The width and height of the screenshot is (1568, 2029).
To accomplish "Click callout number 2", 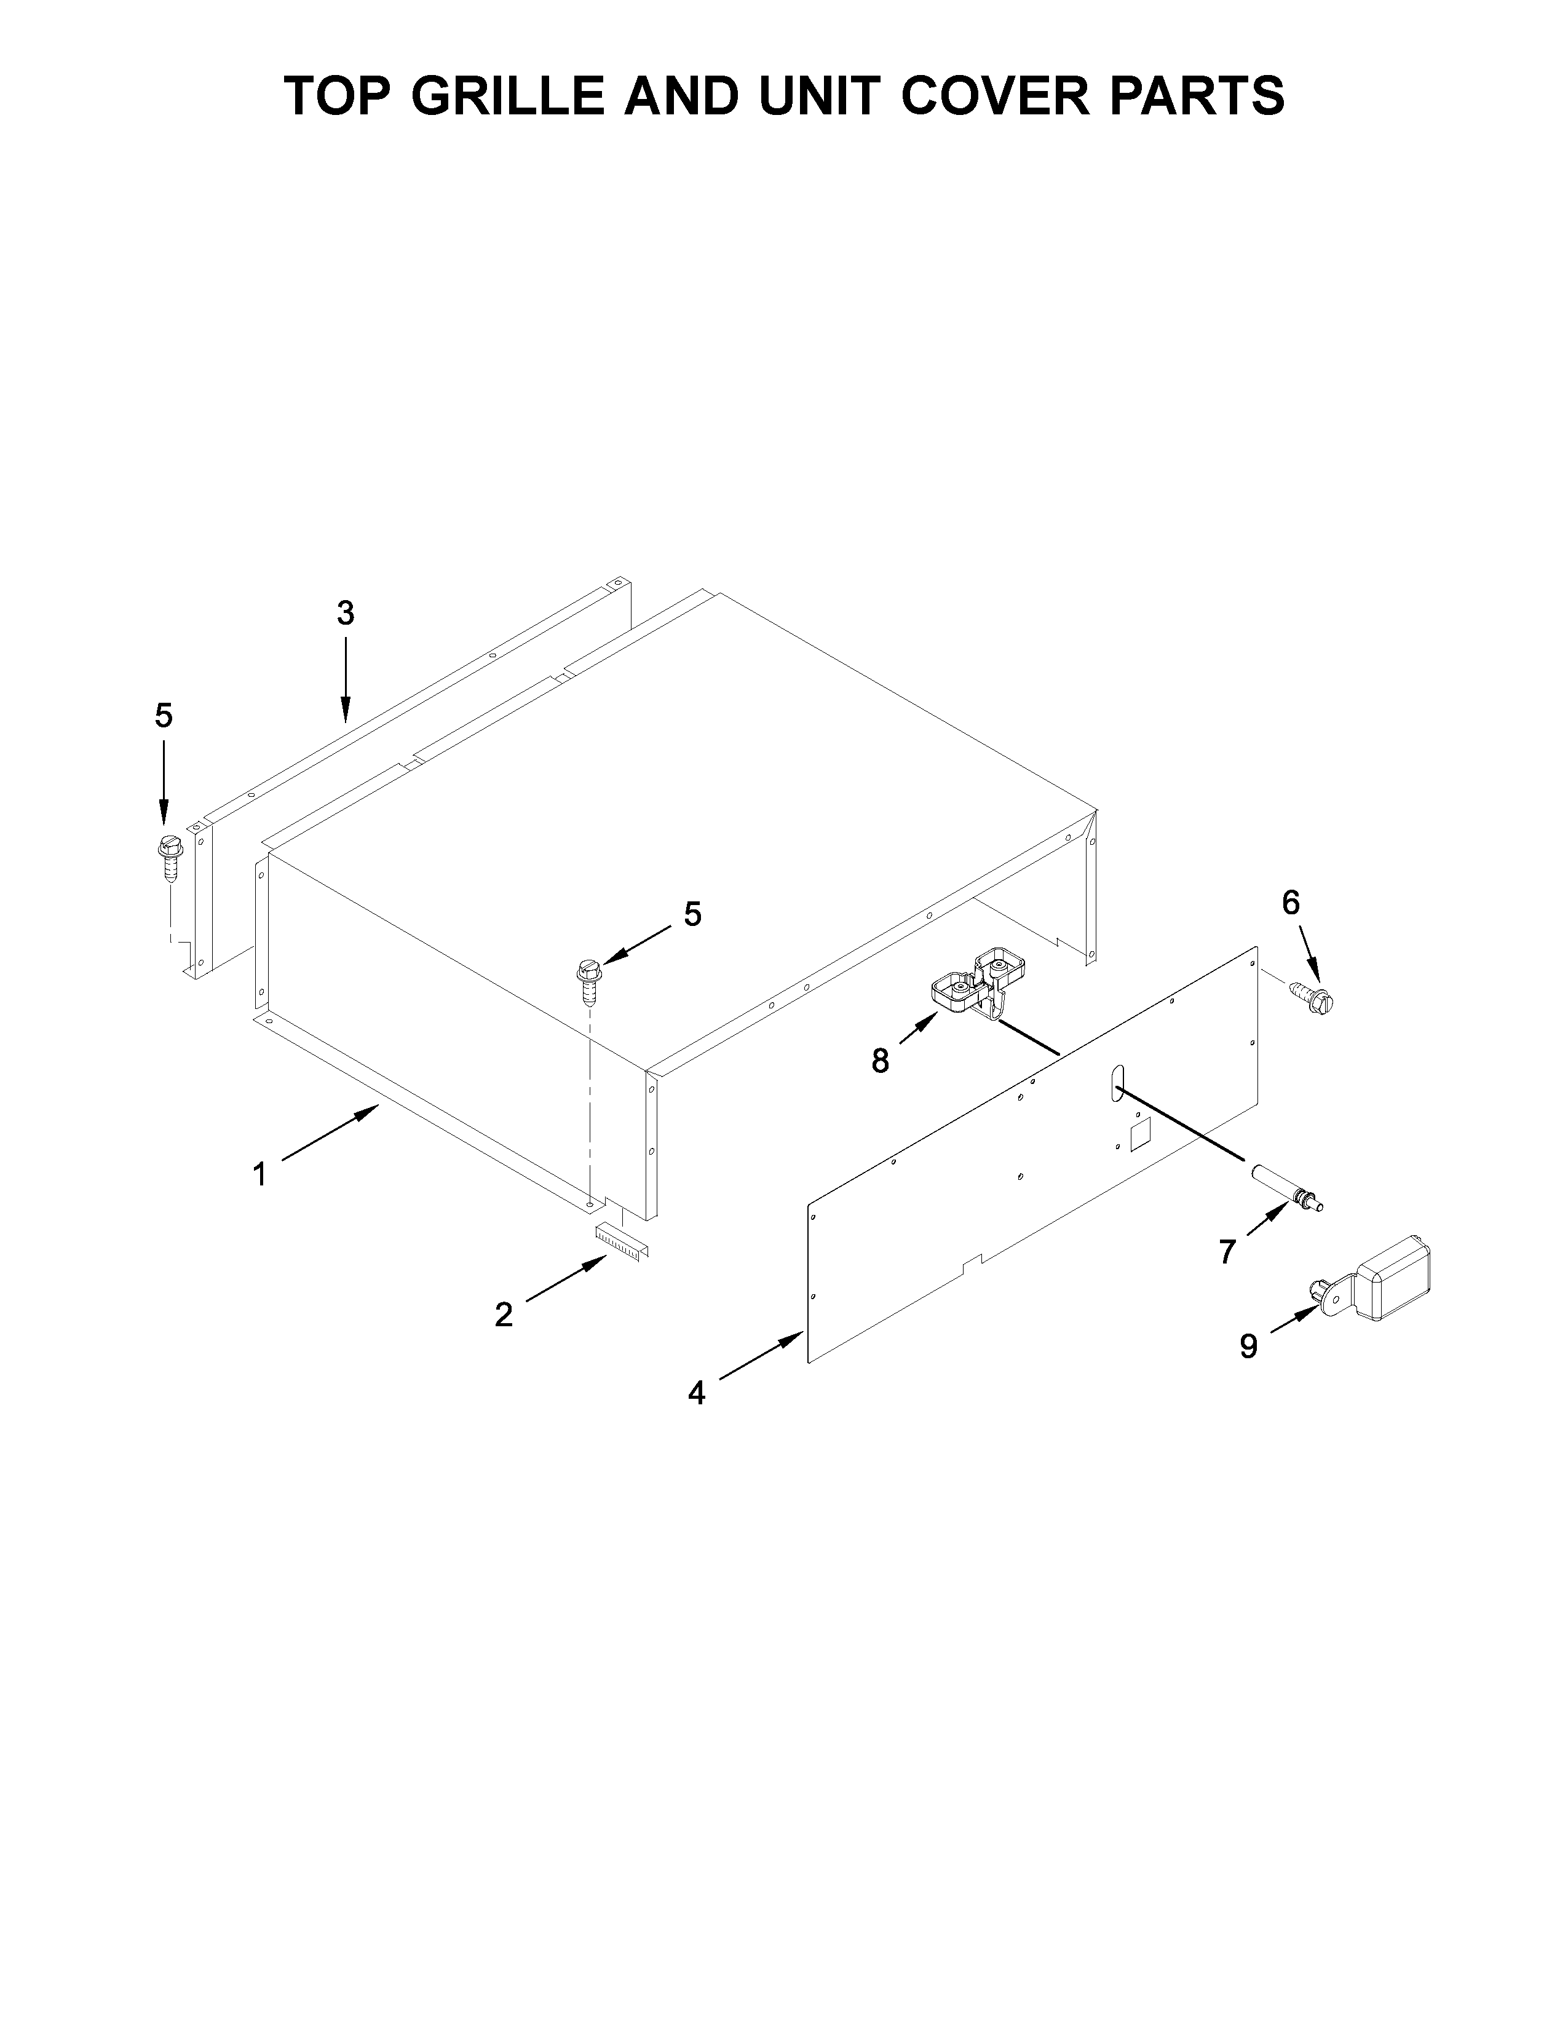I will [x=504, y=1315].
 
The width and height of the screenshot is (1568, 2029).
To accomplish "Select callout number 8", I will [x=880, y=1060].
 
